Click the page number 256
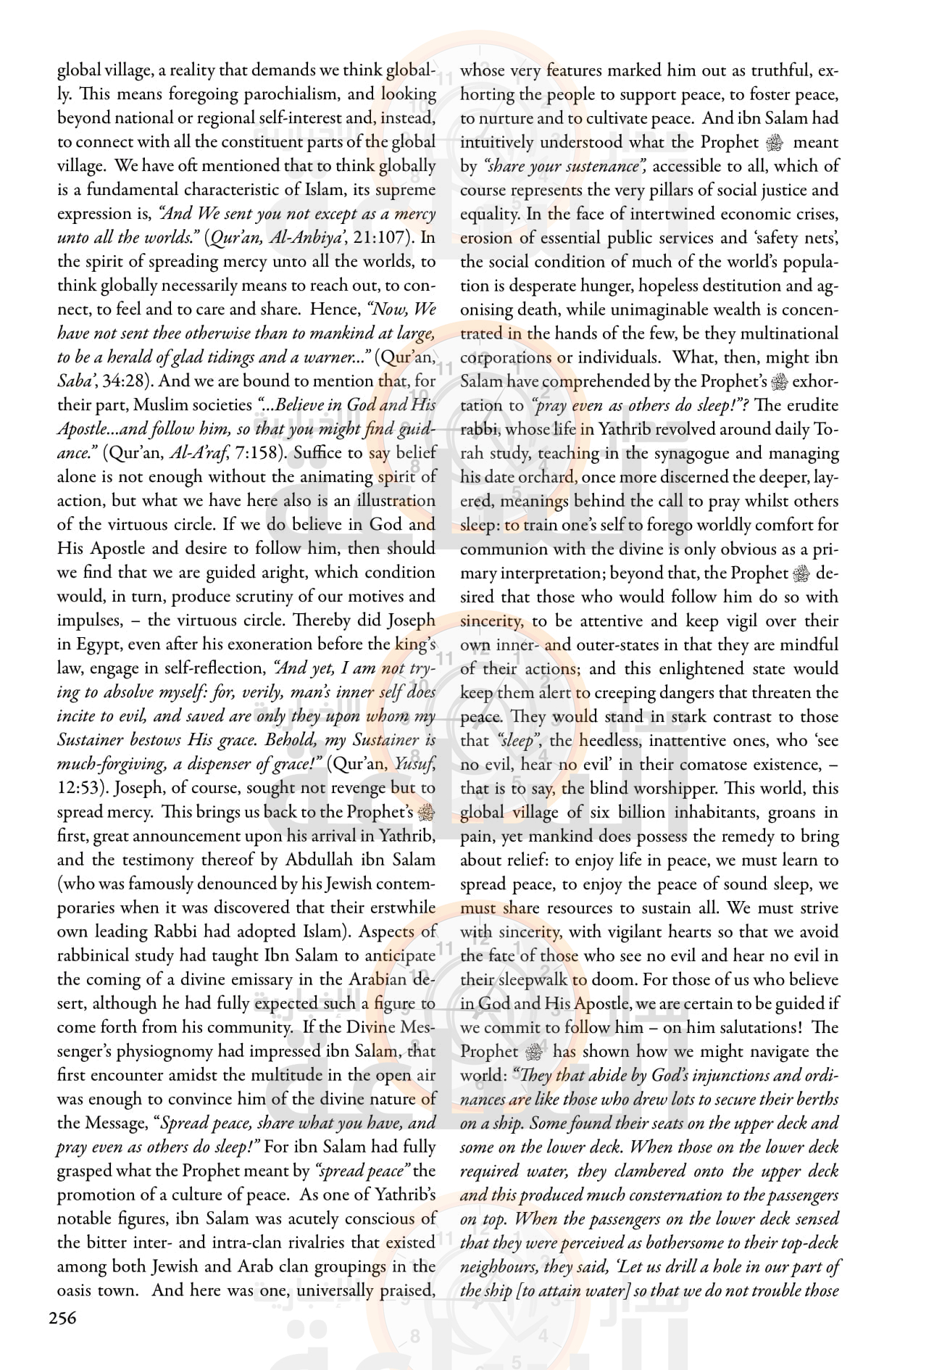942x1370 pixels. tap(62, 1318)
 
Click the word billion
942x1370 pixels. tap(635, 812)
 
